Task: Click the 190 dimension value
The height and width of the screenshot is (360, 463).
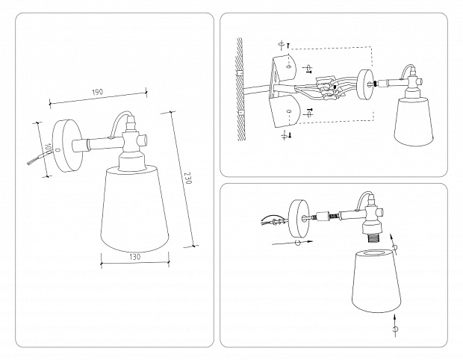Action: (98, 92)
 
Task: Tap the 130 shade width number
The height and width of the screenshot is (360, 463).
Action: (134, 257)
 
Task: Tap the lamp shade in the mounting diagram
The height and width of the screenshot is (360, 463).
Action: (414, 120)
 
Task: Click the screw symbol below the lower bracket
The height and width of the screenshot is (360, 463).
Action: (284, 136)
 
